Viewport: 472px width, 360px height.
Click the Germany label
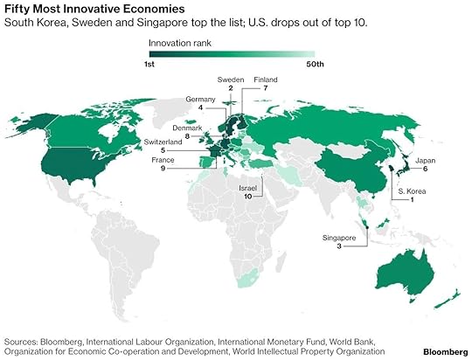point(200,100)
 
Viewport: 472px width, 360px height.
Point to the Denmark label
point(200,128)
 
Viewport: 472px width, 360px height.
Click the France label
point(188,159)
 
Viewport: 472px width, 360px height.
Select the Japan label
point(426,159)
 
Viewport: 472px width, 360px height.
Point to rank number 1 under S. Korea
point(413,200)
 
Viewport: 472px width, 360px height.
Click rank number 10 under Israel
point(248,197)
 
